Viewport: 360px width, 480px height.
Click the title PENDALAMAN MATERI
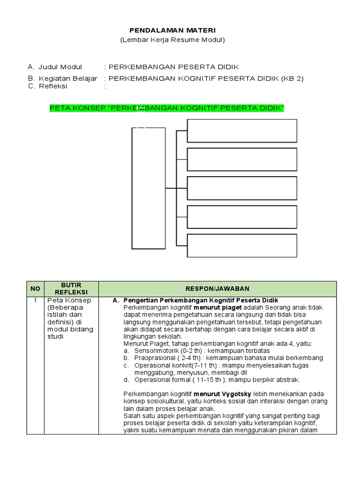point(172,30)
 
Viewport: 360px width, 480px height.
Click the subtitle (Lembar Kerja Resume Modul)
point(172,40)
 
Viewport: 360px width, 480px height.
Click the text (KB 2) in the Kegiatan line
point(292,78)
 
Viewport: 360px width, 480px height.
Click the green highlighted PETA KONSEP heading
point(167,109)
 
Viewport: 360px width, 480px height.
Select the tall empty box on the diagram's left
point(149,188)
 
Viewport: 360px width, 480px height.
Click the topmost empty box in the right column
point(242,131)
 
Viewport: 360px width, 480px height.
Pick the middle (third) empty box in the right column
point(242,188)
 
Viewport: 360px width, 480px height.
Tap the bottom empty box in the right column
point(242,246)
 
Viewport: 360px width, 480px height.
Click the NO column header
point(36,289)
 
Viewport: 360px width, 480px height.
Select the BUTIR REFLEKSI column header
point(71,289)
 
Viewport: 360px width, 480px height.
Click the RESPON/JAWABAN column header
point(217,289)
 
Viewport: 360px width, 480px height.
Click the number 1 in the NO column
point(36,300)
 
